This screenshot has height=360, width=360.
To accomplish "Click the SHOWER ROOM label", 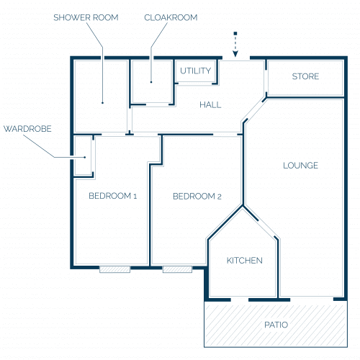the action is [86, 17].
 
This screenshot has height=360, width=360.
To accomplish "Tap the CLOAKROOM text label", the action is [171, 17].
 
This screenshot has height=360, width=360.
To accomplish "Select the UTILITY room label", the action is [196, 71].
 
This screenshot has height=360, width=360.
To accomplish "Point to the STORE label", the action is [305, 76].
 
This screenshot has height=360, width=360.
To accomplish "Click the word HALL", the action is [210, 105].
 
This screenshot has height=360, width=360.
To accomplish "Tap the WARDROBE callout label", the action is [27, 129].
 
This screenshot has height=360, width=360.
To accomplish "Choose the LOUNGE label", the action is [301, 166].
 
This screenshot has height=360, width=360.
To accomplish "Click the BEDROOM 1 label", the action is [113, 196].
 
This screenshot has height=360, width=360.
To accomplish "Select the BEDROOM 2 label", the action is [197, 197].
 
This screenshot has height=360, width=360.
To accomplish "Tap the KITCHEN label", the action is [245, 261].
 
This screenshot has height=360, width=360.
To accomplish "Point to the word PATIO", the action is [276, 325].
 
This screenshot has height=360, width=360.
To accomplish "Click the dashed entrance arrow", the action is [235, 45].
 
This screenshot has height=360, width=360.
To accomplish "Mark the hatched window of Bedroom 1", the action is [115, 269].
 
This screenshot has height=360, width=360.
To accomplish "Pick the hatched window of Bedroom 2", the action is [177, 269].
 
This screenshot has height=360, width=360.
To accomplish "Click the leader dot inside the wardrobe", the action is [85, 158].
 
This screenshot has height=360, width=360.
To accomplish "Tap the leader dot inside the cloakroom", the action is [151, 82].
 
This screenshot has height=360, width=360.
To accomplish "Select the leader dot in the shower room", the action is [102, 103].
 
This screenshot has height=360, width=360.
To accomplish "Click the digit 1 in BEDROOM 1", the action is [135, 197].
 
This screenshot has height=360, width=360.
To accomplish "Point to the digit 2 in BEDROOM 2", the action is [219, 197].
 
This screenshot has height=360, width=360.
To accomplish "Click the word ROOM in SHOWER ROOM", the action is [106, 17].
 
